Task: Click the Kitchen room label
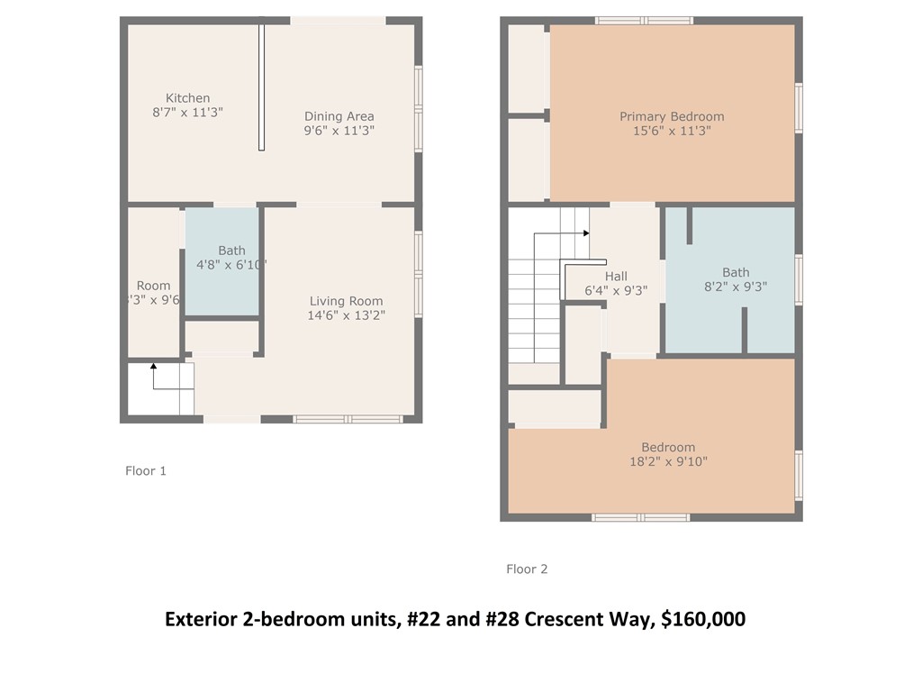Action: [x=187, y=98]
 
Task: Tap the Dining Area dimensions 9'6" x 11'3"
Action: [x=339, y=131]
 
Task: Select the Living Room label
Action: [x=346, y=301]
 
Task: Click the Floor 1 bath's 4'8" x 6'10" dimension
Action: [x=231, y=265]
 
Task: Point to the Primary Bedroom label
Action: [x=672, y=116]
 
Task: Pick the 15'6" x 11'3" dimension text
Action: [x=672, y=131]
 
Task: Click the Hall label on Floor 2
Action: [x=616, y=276]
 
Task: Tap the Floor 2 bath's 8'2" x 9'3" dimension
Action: [x=735, y=287]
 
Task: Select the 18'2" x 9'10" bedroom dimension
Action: [x=668, y=461]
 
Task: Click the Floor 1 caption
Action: [x=145, y=470]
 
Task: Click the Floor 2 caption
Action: [x=527, y=569]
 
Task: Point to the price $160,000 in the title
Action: [x=702, y=620]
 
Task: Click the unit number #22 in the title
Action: [x=420, y=620]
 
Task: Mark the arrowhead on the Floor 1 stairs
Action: [x=153, y=366]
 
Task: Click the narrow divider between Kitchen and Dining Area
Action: [x=261, y=86]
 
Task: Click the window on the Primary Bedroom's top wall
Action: [x=644, y=20]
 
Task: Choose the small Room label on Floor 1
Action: [x=153, y=286]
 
